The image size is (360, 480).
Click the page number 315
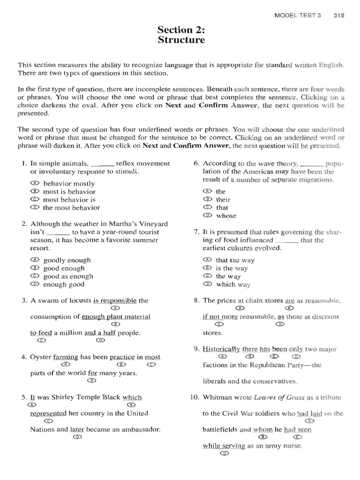339,15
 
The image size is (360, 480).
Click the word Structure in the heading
181,40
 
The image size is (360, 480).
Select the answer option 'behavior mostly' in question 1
68,183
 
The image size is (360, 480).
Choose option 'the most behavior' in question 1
71,208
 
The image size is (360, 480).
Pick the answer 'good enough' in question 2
64,268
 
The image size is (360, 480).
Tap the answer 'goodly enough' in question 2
67,260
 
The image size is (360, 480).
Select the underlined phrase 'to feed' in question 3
41,333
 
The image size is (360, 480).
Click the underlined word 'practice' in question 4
122,357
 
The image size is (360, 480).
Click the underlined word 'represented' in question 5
48,413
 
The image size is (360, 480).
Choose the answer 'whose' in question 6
226,216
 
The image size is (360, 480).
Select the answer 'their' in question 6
223,200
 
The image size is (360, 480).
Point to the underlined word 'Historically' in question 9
221,349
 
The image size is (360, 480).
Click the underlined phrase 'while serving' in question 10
224,446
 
